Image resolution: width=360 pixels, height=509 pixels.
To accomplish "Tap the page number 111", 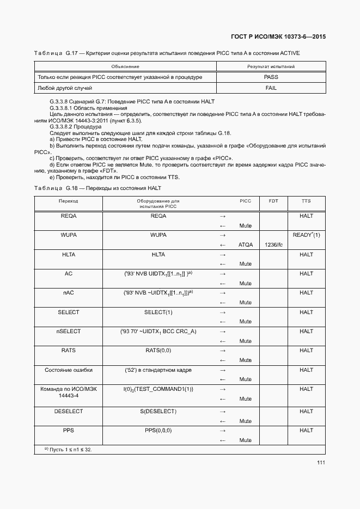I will (321, 463).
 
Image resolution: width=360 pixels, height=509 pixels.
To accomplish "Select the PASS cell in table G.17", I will (271, 77).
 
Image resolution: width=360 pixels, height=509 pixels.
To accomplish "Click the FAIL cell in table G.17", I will (271, 88).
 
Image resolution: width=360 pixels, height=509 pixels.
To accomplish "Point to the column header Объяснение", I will (125, 66).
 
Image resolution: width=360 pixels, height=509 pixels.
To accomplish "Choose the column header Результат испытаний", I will (271, 66).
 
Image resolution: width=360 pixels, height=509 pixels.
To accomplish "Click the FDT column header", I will (273, 201).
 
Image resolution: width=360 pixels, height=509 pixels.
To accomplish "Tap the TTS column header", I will (306, 201).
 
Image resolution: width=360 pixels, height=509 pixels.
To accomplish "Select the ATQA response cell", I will (246, 245).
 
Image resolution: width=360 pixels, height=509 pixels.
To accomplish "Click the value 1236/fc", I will (273, 245).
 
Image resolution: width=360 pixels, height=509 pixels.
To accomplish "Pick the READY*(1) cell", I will (306, 235).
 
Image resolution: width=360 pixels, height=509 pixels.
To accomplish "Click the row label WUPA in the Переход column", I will (68, 235).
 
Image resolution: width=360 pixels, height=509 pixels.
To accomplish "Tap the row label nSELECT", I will (68, 332).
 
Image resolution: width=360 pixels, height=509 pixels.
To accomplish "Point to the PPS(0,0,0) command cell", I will (158, 431).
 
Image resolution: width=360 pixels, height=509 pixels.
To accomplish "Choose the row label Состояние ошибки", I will (68, 370).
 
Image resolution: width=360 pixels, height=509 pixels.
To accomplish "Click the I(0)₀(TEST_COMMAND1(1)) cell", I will (158, 389).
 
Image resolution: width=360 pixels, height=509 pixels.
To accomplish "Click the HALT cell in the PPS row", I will (306, 431).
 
